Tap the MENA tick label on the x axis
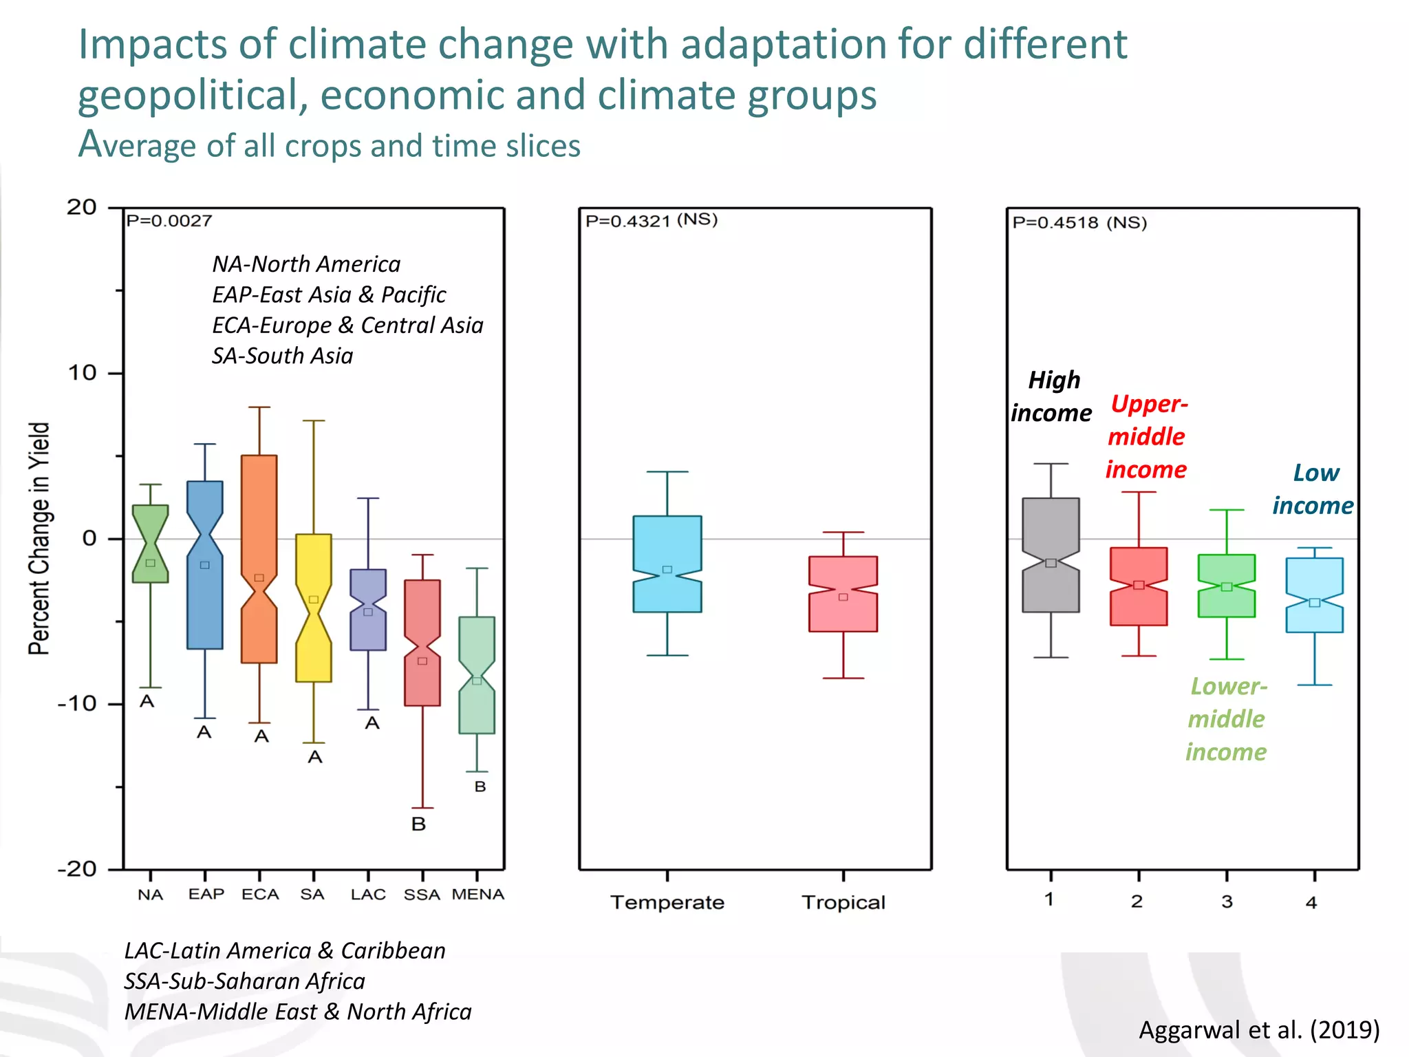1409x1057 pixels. [478, 895]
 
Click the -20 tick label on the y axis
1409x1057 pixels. [77, 869]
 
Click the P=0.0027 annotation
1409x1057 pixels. [169, 221]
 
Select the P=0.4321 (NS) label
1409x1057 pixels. [651, 220]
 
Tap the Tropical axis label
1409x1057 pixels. [843, 902]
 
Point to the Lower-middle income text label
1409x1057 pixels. [1227, 719]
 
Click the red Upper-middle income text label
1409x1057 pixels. [1147, 436]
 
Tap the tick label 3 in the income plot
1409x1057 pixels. [1227, 901]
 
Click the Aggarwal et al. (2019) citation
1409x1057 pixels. [1259, 1029]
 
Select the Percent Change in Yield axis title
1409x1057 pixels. [39, 538]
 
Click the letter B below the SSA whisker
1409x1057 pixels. [418, 824]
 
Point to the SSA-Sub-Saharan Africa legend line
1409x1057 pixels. [244, 981]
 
